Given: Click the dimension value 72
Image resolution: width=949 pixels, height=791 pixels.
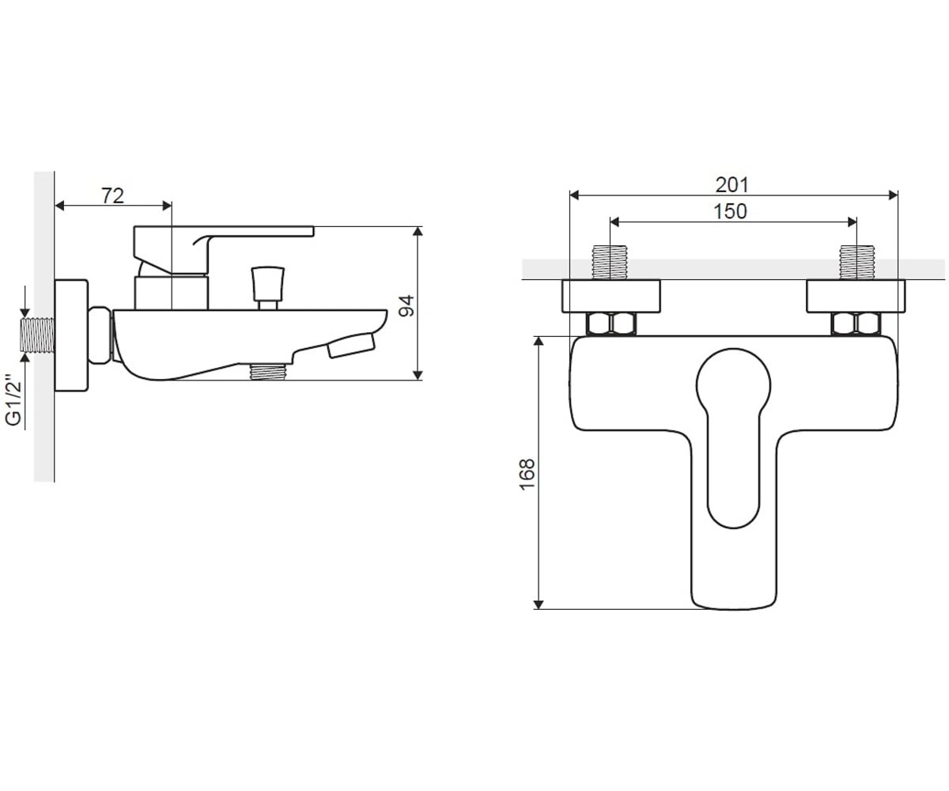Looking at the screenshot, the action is pyautogui.click(x=112, y=195).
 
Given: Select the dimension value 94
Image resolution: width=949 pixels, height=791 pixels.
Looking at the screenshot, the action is pyautogui.click(x=406, y=305).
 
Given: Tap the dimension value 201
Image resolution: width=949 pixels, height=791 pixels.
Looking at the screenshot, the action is pyautogui.click(x=732, y=184).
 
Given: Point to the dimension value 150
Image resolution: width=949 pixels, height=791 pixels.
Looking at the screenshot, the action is pyautogui.click(x=730, y=211).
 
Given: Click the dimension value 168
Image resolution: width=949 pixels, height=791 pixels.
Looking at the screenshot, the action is pyautogui.click(x=527, y=474).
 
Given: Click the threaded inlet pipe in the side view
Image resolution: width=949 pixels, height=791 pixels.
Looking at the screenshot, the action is pyautogui.click(x=37, y=335).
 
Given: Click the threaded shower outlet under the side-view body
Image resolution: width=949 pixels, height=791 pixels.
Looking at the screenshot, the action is pyautogui.click(x=269, y=372).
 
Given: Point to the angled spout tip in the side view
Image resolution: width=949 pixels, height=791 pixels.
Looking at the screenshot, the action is pyautogui.click(x=351, y=345).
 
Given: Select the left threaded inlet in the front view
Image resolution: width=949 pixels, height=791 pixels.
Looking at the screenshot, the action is pyautogui.click(x=610, y=263).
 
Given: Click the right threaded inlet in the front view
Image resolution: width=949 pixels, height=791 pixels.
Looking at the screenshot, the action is pyautogui.click(x=856, y=263).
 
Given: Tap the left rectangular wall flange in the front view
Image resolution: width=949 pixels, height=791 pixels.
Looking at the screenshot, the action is pyautogui.click(x=611, y=296).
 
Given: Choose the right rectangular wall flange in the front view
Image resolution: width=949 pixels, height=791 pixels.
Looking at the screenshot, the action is pyautogui.click(x=856, y=296).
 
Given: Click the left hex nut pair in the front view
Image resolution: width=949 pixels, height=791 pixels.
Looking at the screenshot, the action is pyautogui.click(x=611, y=324).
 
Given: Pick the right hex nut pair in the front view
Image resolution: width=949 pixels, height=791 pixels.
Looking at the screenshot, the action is pyautogui.click(x=856, y=324).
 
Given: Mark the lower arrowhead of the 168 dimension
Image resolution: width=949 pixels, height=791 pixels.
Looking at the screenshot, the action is pyautogui.click(x=539, y=604).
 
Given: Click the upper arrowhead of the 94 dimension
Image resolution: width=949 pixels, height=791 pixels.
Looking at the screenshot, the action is pyautogui.click(x=418, y=231).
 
